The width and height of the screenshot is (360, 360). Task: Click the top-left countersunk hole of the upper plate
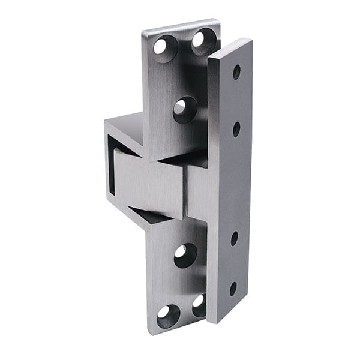pyautogui.click(x=164, y=47)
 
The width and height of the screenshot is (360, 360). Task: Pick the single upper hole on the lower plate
pyautogui.click(x=185, y=254)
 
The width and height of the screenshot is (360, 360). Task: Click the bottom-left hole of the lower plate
pyautogui.click(x=167, y=315)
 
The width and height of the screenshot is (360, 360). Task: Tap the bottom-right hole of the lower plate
pyautogui.click(x=199, y=304)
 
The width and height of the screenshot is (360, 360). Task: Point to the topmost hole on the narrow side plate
pyautogui.click(x=236, y=72)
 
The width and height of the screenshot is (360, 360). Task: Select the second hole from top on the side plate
pyautogui.click(x=236, y=128)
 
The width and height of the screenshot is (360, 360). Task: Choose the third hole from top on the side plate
pyautogui.click(x=235, y=238)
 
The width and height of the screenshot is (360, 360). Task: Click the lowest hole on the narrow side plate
pyautogui.click(x=233, y=288)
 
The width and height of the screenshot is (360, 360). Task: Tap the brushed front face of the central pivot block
pyautogui.click(x=150, y=183)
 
